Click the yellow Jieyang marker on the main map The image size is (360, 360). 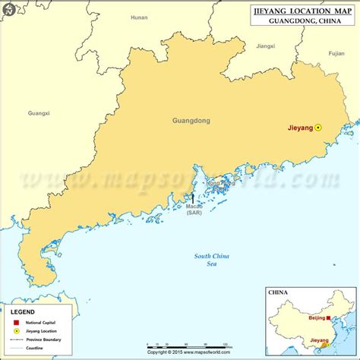click(319, 128)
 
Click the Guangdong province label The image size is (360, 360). click(191, 121)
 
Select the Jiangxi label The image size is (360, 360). click(265, 46)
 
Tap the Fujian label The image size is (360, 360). click(336, 54)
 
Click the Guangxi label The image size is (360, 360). click(38, 113)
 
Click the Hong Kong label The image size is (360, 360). click(221, 185)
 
